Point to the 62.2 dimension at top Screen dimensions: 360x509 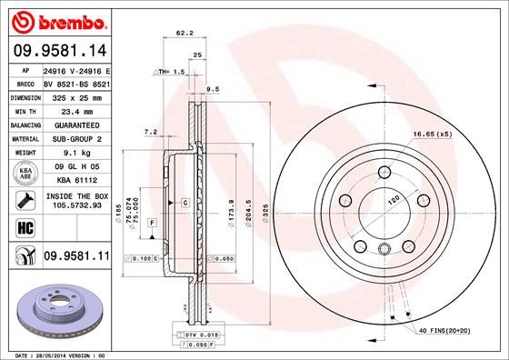coord(184,33)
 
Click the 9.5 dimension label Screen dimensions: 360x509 coord(215,89)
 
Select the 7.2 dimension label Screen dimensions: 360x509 coord(152,132)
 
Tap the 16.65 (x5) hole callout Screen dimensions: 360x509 coord(433,135)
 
